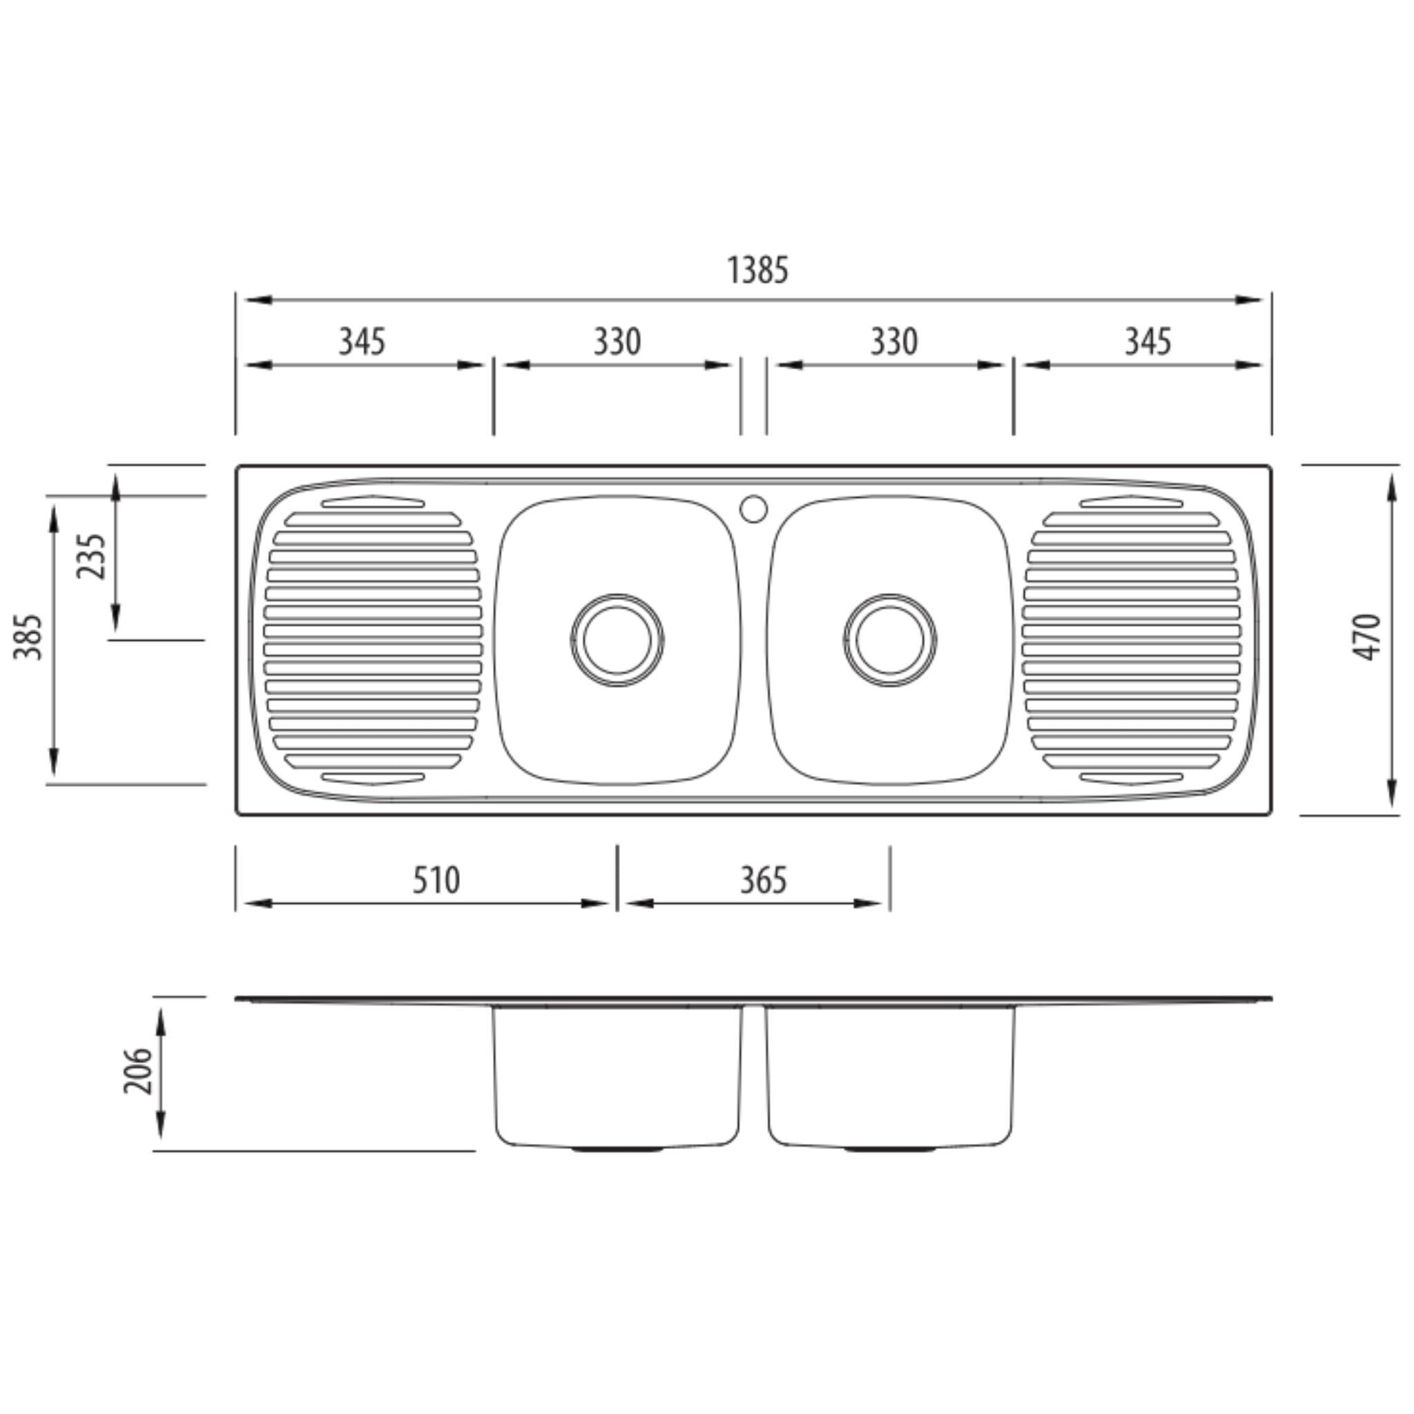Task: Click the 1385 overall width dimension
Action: (x=757, y=270)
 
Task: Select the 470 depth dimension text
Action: (x=1366, y=637)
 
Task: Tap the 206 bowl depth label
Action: (x=137, y=1071)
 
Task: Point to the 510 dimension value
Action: (x=436, y=880)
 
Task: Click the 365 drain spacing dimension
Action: (x=764, y=880)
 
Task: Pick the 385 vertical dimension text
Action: (x=28, y=637)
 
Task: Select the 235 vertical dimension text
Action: (x=93, y=556)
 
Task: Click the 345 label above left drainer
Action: (x=362, y=342)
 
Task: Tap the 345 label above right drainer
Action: (x=1147, y=342)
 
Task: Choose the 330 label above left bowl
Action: (x=617, y=342)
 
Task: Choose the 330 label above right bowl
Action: (x=893, y=342)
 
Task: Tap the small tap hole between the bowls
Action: (x=754, y=509)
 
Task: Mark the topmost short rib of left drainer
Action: (x=373, y=502)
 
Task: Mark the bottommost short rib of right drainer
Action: (x=1132, y=778)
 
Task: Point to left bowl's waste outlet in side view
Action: (x=617, y=1150)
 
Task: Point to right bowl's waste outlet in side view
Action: (x=889, y=1150)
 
